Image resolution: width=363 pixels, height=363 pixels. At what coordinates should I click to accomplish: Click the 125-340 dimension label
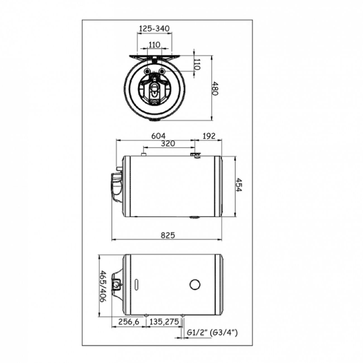click(154, 28)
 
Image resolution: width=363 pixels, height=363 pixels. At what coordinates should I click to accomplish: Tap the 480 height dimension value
click(215, 88)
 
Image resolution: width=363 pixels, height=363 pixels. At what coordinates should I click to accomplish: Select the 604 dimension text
click(158, 136)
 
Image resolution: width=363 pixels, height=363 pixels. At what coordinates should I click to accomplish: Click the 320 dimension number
click(168, 144)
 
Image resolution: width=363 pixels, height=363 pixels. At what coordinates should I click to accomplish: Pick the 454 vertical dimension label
click(238, 185)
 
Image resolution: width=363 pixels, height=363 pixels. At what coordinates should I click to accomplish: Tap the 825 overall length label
click(168, 235)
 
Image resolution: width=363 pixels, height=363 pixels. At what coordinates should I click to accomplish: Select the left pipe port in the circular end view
click(147, 71)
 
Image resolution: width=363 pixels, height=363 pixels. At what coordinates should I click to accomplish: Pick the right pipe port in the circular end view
click(162, 71)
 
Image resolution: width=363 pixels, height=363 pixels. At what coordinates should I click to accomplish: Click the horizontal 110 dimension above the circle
click(154, 45)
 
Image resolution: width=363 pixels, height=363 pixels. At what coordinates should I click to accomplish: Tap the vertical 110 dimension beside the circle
click(197, 64)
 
